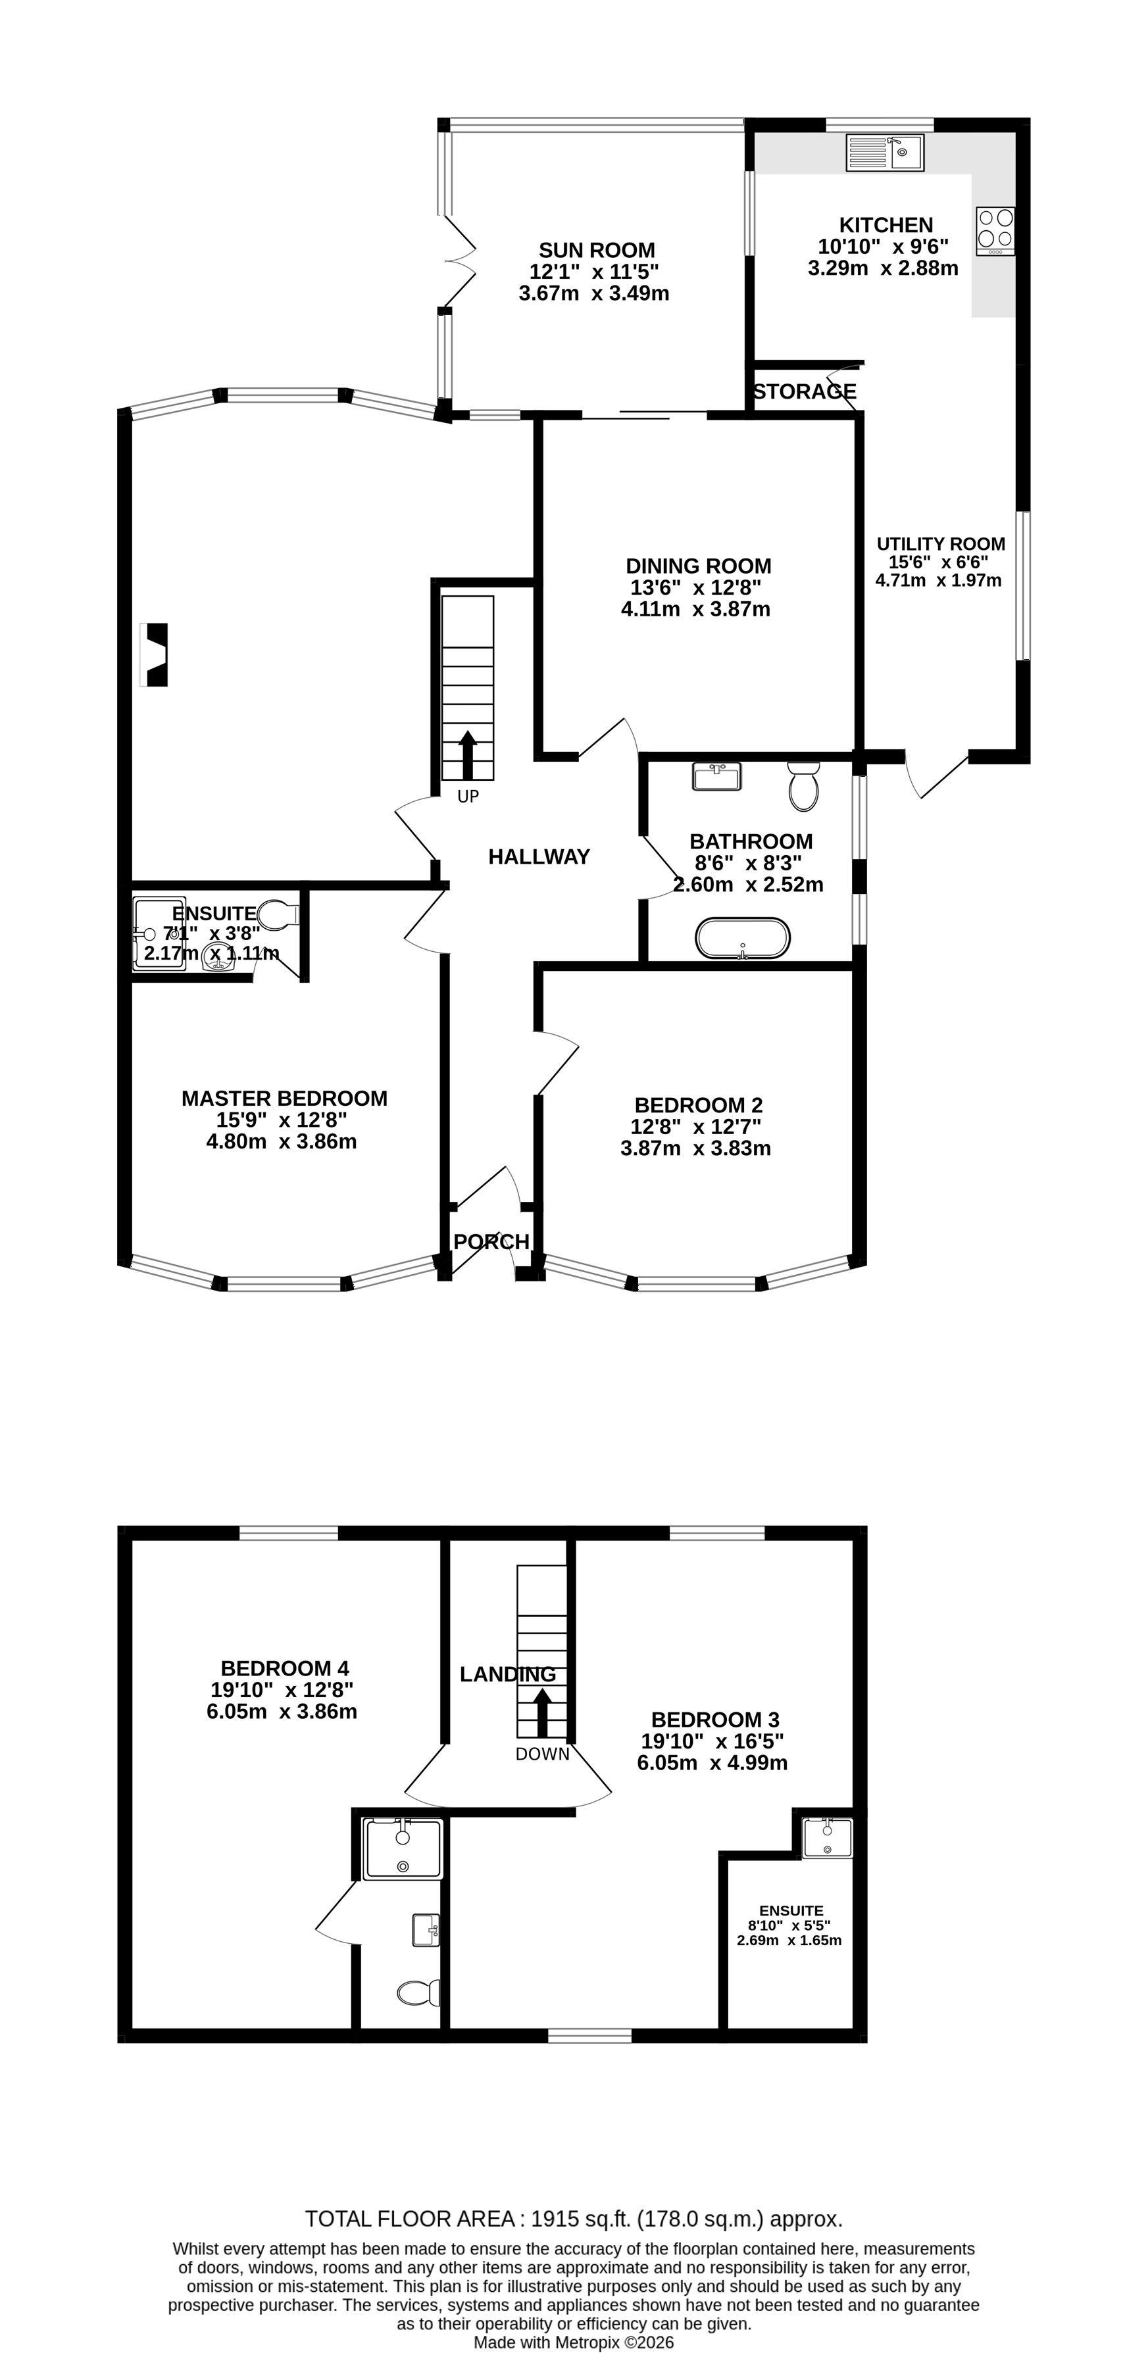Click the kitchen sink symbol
coord(884,153)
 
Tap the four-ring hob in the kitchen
coord(995,231)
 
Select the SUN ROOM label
coord(597,250)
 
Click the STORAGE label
coord(804,392)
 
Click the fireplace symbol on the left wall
coord(156,654)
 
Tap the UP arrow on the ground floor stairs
coord(468,754)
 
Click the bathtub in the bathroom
coord(743,938)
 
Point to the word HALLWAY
coord(539,856)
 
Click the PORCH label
coord(491,1242)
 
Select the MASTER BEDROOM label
coord(284,1099)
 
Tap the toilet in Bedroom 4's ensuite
coord(418,1993)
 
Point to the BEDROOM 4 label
coord(284,1669)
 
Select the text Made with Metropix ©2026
coord(574,2343)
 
